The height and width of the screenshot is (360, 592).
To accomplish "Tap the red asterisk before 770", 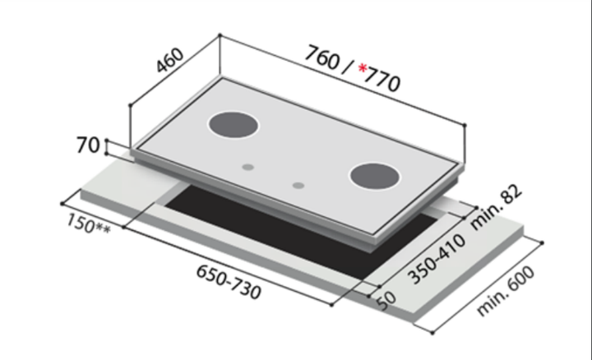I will coord(363,72).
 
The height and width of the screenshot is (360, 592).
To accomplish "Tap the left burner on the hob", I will coord(234,126).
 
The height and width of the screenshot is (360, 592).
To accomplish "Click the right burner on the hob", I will coord(375,176).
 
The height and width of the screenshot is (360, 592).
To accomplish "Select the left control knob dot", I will coord(247,166).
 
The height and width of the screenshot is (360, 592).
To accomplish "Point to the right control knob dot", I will coord(298,184).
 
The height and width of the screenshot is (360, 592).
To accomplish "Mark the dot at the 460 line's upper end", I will coord(220,35).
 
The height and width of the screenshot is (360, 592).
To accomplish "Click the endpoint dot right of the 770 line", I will coord(465,125).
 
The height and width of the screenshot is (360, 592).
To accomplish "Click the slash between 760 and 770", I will coord(349,67).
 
